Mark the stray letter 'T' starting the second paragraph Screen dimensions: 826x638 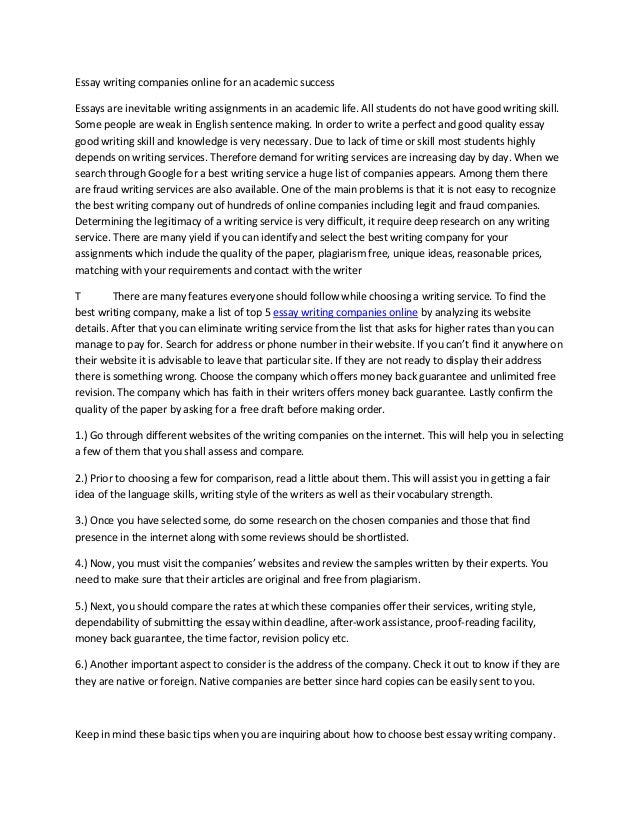[x=78, y=297]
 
